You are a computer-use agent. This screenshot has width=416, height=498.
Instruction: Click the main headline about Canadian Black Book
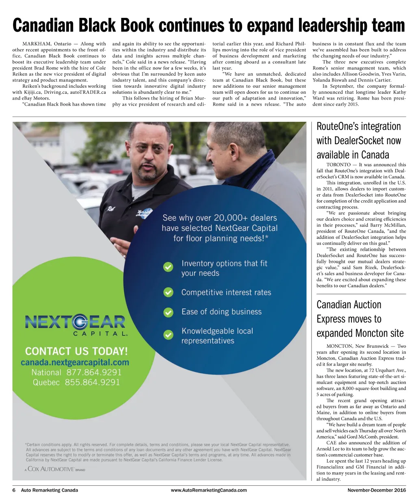[x=209, y=25]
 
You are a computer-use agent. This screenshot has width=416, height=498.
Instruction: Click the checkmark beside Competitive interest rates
[x=168, y=292]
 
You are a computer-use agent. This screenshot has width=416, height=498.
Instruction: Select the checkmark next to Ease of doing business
[x=168, y=312]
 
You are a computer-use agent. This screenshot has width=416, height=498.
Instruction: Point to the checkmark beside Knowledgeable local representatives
[x=168, y=335]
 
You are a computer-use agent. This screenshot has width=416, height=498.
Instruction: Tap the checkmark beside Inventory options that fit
[x=168, y=267]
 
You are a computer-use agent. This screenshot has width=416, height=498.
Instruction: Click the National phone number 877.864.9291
[x=94, y=372]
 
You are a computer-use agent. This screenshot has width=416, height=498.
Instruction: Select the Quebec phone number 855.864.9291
[x=93, y=382]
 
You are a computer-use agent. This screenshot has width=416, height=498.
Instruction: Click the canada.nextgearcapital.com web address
[x=75, y=362]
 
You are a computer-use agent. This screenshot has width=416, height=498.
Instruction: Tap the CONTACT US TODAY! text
[x=76, y=351]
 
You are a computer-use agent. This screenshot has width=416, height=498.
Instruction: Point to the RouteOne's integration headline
[x=359, y=141]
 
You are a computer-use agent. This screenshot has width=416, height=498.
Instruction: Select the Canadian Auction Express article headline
[x=360, y=319]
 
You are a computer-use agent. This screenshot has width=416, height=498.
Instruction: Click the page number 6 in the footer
[x=14, y=490]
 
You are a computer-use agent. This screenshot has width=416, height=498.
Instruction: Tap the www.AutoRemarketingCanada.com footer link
[x=209, y=490]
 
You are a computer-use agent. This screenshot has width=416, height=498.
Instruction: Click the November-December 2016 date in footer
[x=371, y=490]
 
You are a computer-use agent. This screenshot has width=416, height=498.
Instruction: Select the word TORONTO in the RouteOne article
[x=338, y=165]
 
